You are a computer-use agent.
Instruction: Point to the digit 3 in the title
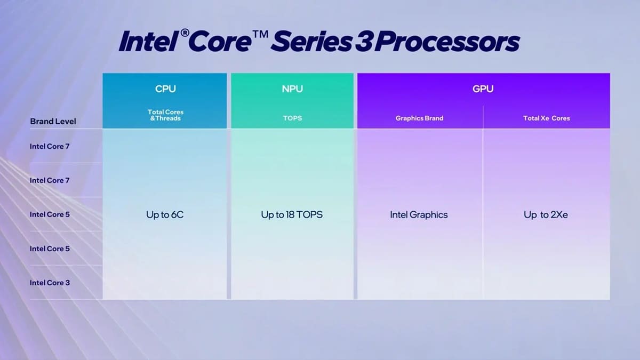point(362,42)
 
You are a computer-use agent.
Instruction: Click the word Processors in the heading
point(446,42)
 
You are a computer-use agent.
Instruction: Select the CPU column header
point(165,89)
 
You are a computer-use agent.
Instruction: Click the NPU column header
point(292,89)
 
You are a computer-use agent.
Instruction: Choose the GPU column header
point(483,89)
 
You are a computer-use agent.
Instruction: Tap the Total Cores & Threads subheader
point(165,115)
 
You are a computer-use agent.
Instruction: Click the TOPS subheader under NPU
point(292,118)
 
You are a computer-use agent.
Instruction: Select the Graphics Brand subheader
point(419,118)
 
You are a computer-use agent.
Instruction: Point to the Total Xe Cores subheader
point(546,118)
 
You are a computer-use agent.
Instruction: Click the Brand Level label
point(53,121)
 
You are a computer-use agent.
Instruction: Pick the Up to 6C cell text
point(165,215)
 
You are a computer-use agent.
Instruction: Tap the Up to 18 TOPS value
point(292,215)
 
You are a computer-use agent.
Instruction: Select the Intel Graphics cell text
point(419,215)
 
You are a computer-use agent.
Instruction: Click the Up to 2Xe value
point(546,215)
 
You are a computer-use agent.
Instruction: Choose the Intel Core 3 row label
point(50,283)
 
